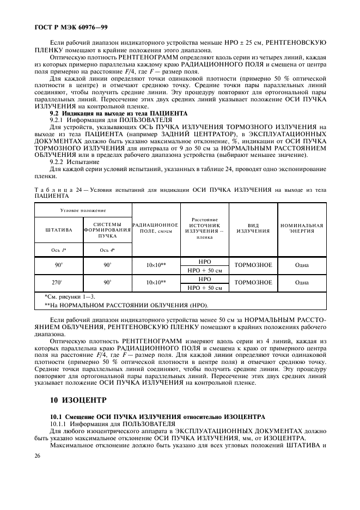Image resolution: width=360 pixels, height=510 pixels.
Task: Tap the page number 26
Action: [38, 455]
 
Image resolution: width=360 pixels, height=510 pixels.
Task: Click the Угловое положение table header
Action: [83, 210]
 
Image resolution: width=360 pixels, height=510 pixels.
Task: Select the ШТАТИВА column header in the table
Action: [58, 230]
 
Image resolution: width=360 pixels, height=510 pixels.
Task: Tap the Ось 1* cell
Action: [58, 250]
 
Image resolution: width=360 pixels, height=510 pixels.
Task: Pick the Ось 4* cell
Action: [107, 250]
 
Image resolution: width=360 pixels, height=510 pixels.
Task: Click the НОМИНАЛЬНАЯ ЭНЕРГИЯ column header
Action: [302, 228]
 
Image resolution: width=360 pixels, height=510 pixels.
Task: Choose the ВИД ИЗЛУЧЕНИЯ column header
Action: [253, 228]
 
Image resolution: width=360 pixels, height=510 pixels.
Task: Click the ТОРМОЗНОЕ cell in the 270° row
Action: [253, 283]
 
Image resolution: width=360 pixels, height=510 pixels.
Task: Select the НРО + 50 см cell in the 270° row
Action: [204, 288]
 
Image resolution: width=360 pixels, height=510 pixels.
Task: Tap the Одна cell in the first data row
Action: [302, 265]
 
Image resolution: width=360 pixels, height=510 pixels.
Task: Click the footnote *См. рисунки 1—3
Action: [69, 296]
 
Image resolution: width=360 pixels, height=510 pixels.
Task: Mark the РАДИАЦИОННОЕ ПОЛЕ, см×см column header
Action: [156, 228]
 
